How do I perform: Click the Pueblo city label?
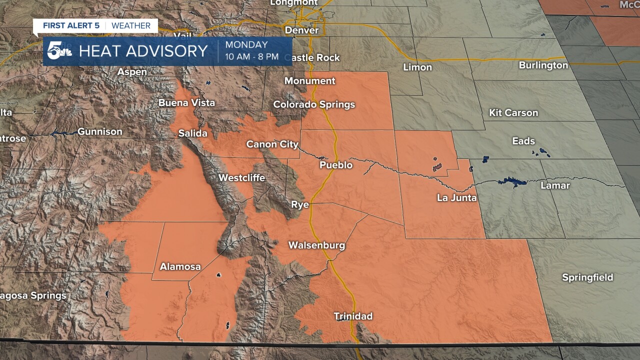[x=336, y=165]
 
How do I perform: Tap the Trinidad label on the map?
[x=353, y=316]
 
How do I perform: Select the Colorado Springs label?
[x=314, y=104]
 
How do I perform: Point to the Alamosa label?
[x=180, y=266]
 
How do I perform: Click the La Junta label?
[x=456, y=198]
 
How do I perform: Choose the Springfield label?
[x=587, y=277]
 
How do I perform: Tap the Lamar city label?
[x=555, y=185]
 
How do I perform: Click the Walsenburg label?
[x=316, y=245]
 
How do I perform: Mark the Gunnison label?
[x=100, y=132]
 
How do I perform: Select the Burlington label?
[x=543, y=65]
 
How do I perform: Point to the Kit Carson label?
[x=513, y=112]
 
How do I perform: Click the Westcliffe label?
[x=241, y=177]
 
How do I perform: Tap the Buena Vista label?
[x=186, y=103]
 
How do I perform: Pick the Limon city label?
[x=417, y=67]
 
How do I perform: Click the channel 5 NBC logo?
[x=59, y=51]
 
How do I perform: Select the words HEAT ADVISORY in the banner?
[x=143, y=51]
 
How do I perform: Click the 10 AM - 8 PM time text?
[x=251, y=56]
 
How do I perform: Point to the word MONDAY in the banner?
[x=246, y=45]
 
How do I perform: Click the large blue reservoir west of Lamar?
[x=512, y=181]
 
